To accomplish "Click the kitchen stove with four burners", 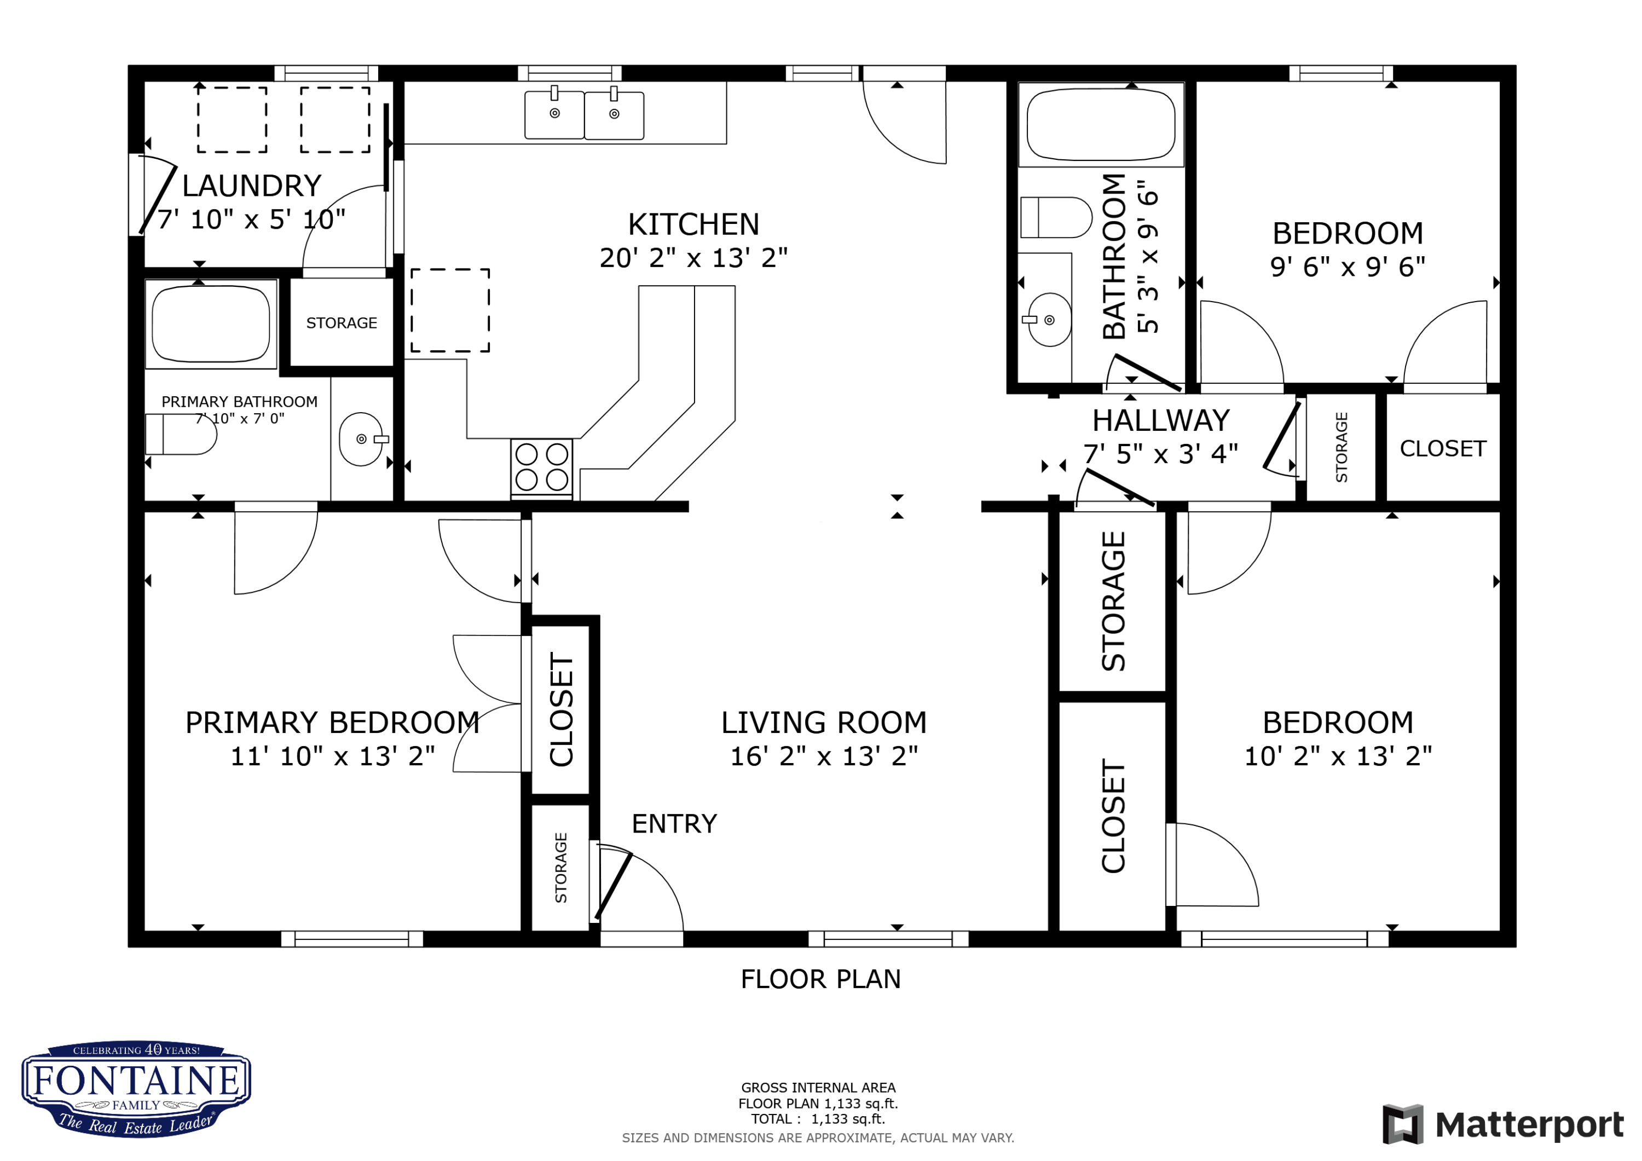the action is pos(541,468).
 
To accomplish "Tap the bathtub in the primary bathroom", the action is pos(211,324).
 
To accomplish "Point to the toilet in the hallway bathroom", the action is pos(1056,217).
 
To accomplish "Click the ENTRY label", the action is pos(674,824).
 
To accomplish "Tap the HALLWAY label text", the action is pos(1161,420).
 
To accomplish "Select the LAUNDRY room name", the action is pos(252,186).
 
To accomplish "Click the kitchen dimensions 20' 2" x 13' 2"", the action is pos(693,257).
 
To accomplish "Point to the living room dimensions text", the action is pos(824,756).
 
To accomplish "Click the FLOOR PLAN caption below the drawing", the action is pos(821,979).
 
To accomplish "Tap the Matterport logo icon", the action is pos(1402,1124).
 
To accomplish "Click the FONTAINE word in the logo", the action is pos(136,1081).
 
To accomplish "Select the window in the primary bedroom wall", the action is pos(352,939).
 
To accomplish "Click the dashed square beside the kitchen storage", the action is pos(450,310).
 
